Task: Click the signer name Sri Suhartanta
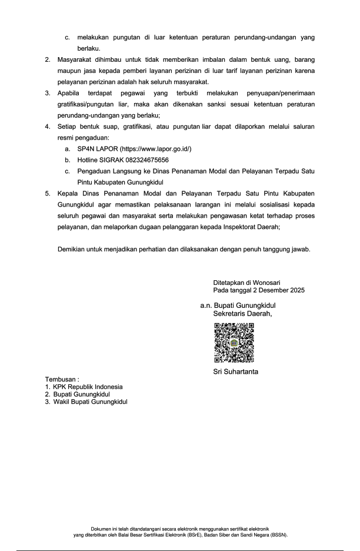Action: (235, 371)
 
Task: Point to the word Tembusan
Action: (62, 379)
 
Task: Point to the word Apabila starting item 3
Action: (70, 93)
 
